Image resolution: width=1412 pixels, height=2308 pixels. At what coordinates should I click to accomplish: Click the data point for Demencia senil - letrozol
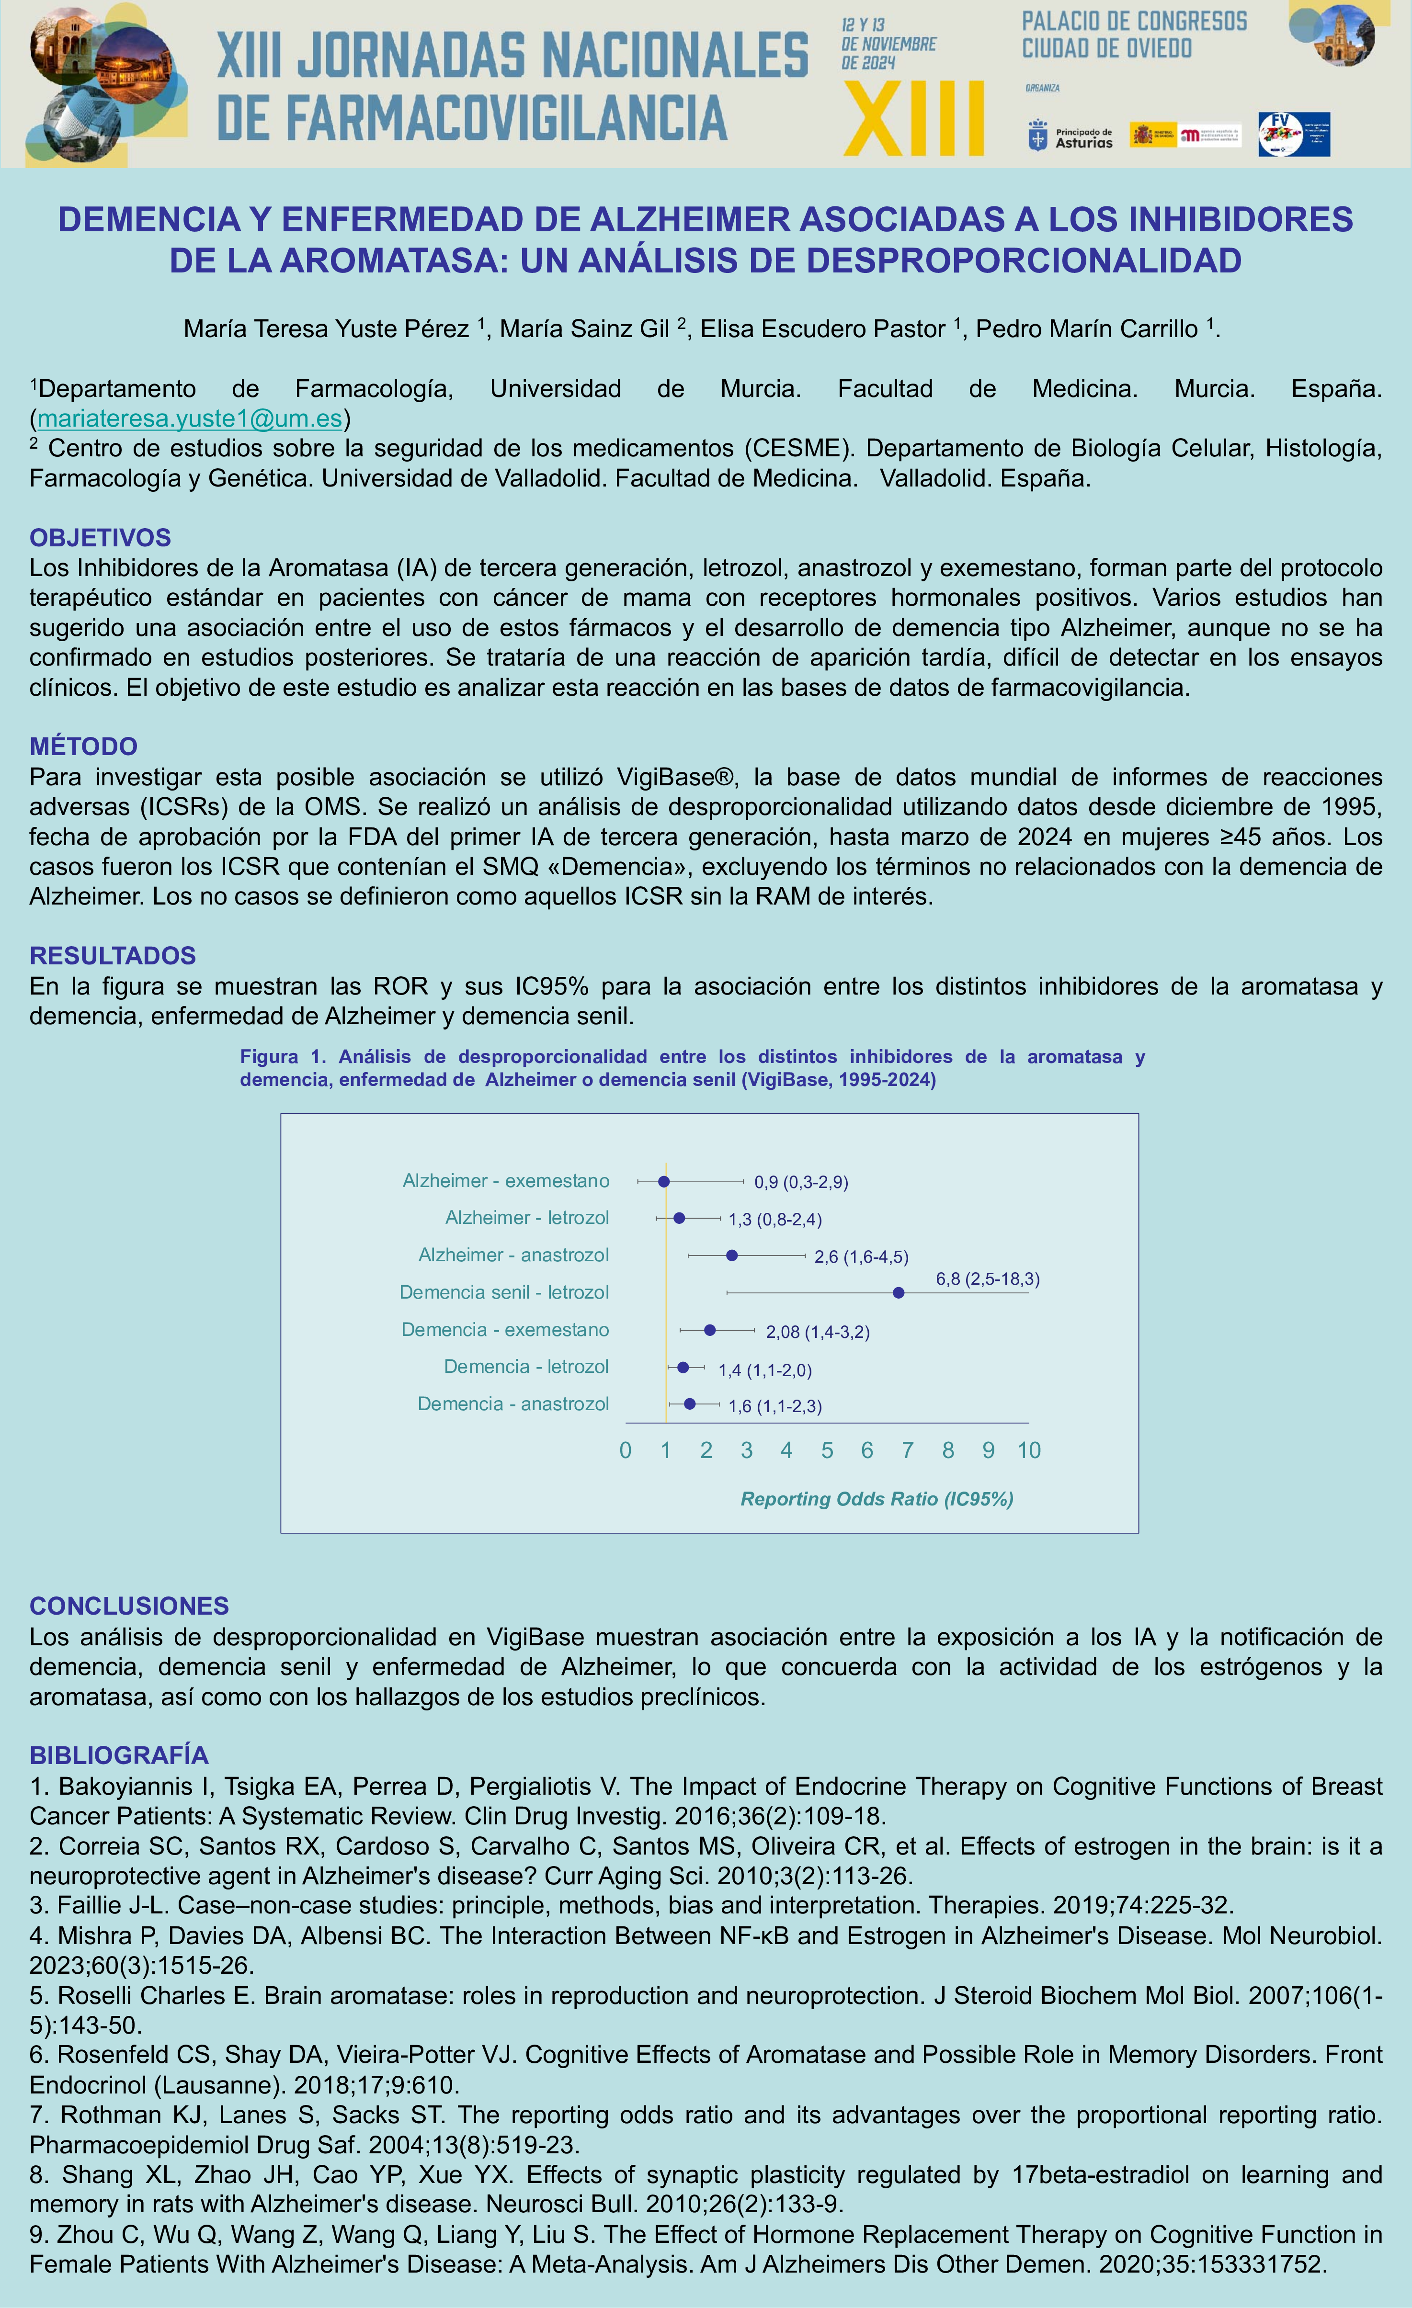point(899,1293)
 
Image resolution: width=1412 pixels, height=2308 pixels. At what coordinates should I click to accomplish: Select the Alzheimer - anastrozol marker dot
point(732,1255)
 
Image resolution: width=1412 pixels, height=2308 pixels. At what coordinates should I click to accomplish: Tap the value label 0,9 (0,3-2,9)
point(801,1182)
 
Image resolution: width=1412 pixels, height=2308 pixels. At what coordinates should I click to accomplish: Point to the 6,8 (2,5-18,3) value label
point(988,1278)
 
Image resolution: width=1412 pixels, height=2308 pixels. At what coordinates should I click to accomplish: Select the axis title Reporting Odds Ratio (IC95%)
point(877,1499)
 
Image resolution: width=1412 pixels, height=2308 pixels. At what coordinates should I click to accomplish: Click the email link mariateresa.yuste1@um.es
point(189,418)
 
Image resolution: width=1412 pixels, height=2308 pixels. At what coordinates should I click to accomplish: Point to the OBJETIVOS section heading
point(100,538)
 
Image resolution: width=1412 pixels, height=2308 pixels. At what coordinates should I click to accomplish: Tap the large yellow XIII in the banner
point(913,119)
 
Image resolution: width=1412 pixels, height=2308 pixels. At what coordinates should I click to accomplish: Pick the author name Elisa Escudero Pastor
point(823,329)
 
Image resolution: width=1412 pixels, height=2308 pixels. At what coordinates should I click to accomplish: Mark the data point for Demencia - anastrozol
point(690,1403)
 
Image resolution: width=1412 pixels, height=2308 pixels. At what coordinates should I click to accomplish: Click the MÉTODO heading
point(83,747)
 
